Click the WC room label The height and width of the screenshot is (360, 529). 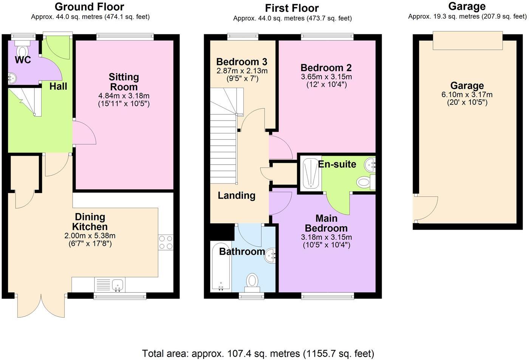[x=23, y=60]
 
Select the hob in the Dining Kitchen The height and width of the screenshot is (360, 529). [x=166, y=242]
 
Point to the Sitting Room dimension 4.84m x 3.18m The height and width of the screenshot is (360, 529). [x=124, y=96]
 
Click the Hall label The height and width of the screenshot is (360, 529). [x=58, y=87]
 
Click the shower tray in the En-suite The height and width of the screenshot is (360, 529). [x=311, y=173]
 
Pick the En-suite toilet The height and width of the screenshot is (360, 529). [x=366, y=182]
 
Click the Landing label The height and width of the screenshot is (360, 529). [x=237, y=195]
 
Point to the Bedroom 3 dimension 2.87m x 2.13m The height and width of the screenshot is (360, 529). [x=242, y=71]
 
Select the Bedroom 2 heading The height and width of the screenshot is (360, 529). [x=326, y=68]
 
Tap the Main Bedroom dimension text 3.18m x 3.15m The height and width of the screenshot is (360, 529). [x=326, y=237]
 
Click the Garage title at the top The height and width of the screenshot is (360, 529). [x=467, y=6]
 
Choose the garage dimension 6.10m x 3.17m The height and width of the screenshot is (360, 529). [x=467, y=95]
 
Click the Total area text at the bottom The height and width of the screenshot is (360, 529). [x=258, y=354]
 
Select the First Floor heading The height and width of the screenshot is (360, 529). [x=292, y=8]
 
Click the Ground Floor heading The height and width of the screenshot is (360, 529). [x=90, y=7]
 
